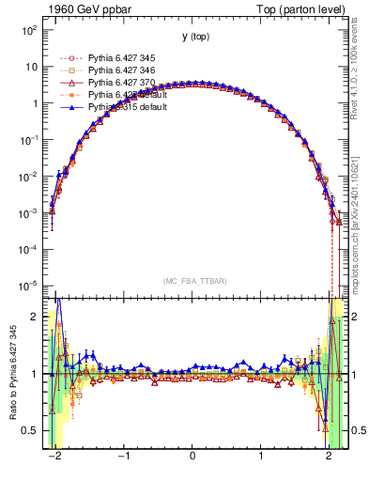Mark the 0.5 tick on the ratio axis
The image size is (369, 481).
31,430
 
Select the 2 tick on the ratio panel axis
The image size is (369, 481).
36,317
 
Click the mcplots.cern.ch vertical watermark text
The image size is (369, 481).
360,225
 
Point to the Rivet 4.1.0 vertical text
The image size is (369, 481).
360,66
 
